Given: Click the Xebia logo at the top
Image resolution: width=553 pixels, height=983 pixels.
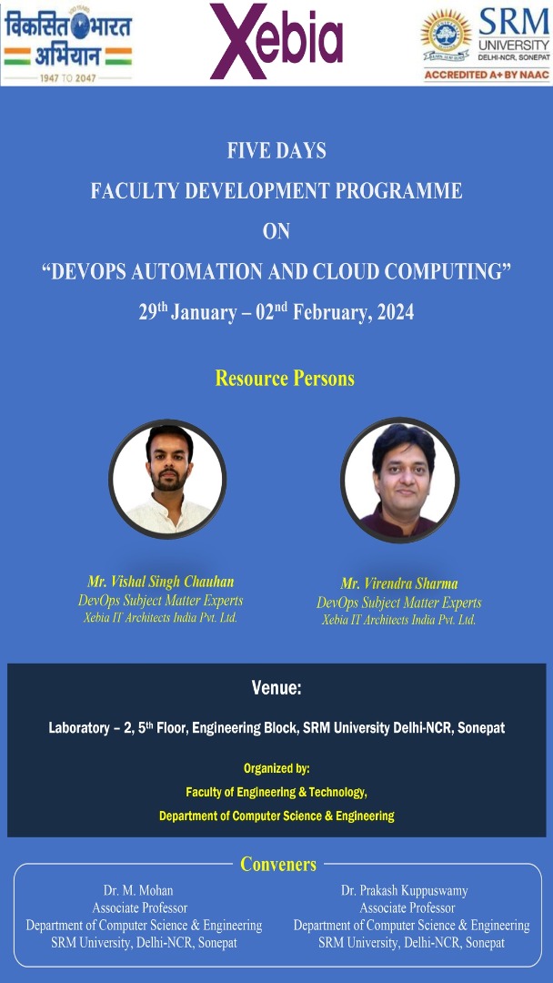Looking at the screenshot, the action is (276, 40).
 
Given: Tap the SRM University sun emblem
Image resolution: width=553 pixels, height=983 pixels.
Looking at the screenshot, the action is (446, 34).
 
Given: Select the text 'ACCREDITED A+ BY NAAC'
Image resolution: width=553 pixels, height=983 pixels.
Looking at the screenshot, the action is (487, 76).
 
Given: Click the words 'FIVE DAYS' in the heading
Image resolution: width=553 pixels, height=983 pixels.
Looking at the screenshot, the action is (276, 151).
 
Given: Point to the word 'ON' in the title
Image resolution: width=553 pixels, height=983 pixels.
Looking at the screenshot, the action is (276, 231).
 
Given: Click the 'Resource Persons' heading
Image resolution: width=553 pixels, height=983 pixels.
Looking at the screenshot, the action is (285, 379).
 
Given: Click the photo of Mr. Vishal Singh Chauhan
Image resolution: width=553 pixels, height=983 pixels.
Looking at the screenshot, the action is (167, 479).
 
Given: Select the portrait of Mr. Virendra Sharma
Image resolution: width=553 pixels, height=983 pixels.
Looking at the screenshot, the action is (400, 480).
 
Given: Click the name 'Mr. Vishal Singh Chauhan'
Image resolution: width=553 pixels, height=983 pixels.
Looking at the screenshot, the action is (161, 581).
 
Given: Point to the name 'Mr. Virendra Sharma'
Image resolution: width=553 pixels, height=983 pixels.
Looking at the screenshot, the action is (399, 584).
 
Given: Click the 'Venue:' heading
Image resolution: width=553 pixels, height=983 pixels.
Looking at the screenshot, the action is (276, 688).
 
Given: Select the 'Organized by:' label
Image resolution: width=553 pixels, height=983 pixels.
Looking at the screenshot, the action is (276, 768).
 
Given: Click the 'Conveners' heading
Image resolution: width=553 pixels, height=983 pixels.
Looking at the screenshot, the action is (278, 866).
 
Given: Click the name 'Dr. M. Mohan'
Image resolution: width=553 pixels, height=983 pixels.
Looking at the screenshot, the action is (138, 891).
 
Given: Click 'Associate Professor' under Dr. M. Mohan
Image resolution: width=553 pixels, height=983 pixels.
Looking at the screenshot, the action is (140, 907).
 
